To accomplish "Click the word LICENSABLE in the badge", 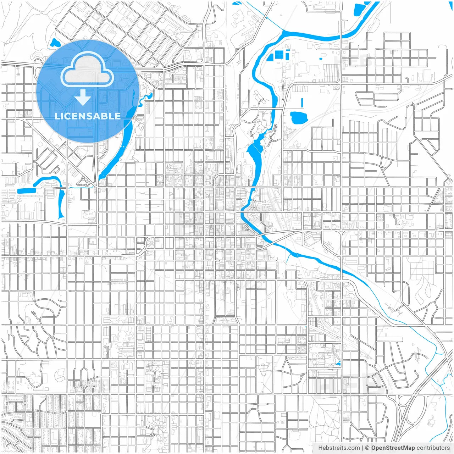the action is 88,116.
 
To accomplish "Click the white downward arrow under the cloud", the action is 83,98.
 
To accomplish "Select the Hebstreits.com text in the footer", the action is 339,448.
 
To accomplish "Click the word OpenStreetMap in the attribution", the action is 393,448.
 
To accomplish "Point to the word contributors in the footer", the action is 433,448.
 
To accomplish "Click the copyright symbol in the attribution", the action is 367,448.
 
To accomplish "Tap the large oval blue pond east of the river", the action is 298,117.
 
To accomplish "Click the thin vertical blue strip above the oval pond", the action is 302,103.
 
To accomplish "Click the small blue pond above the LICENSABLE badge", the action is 55,43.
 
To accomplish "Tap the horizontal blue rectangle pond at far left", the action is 26,191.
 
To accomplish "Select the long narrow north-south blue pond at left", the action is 61,204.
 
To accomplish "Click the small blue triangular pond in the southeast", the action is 338,364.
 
